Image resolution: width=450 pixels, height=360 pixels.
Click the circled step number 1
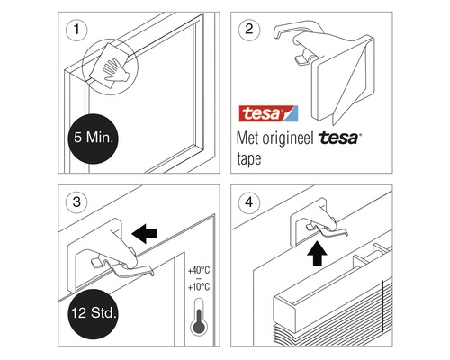[x=76, y=30]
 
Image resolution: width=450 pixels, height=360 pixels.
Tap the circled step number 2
[x=249, y=30]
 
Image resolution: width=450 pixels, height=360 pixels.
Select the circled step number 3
[x=76, y=202]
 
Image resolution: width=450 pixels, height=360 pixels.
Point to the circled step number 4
[x=249, y=202]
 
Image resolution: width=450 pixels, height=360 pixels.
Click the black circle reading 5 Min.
[x=94, y=139]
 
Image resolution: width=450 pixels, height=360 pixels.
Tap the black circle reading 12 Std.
[x=94, y=314]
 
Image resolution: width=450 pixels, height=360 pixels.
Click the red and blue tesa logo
[x=268, y=113]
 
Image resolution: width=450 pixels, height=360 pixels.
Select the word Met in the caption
[x=247, y=139]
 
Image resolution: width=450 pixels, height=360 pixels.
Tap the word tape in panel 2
[x=249, y=159]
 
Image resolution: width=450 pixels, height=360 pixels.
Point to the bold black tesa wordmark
[x=339, y=138]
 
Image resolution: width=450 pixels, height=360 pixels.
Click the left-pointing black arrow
[x=144, y=233]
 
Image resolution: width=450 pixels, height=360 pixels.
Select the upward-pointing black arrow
[x=317, y=254]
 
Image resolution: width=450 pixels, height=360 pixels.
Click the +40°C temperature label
[x=199, y=270]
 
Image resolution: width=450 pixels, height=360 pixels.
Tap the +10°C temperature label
[x=199, y=287]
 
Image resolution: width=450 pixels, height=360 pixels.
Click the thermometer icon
[x=199, y=317]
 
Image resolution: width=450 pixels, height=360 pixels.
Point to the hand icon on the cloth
[x=115, y=70]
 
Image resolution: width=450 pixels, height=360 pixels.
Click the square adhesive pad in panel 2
[x=343, y=78]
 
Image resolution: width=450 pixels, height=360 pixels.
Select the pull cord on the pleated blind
[x=382, y=306]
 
